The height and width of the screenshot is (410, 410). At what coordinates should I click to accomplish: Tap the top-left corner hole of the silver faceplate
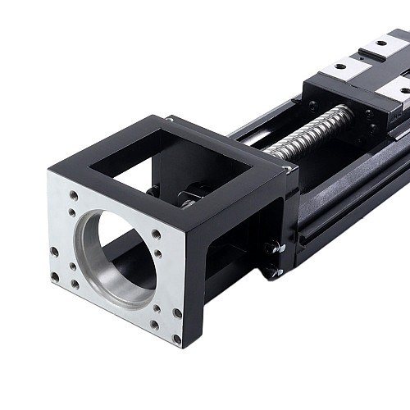pos(73,196)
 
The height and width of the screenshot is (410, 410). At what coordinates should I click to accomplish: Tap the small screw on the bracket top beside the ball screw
pos(285,170)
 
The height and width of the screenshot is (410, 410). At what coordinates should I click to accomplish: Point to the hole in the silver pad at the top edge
pos(380,41)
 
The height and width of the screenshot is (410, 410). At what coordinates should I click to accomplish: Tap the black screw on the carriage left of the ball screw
pos(312,104)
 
